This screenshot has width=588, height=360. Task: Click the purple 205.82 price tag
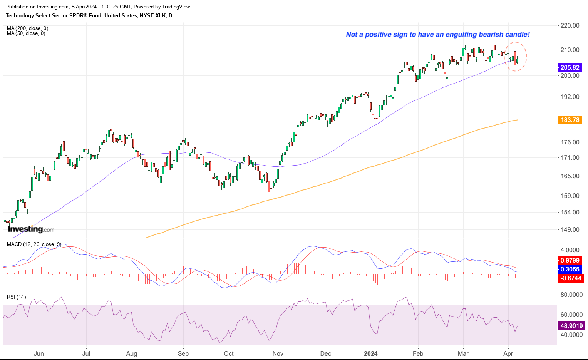[x=570, y=67]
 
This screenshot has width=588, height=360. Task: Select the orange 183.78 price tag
[x=570, y=120]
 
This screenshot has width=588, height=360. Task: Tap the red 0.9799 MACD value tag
[x=570, y=261]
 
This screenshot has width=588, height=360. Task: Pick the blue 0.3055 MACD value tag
[x=570, y=270]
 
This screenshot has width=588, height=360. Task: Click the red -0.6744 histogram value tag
[x=570, y=278]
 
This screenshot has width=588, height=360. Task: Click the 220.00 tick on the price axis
[x=570, y=26]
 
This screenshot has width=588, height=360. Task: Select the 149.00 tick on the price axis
[x=570, y=230]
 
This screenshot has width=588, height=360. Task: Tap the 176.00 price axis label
[x=570, y=142]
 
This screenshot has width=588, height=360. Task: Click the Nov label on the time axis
[x=278, y=353]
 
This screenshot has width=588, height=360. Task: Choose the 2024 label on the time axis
[x=371, y=353]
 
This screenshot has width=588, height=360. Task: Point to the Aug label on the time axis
[x=132, y=353]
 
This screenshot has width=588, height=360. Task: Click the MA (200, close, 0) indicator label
[x=27, y=28]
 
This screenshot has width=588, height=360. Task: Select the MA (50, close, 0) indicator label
[x=26, y=33]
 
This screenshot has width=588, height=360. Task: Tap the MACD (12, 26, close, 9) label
[x=34, y=244]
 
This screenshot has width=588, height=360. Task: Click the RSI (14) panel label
[x=17, y=297]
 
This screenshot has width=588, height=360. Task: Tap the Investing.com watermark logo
[x=31, y=229]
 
